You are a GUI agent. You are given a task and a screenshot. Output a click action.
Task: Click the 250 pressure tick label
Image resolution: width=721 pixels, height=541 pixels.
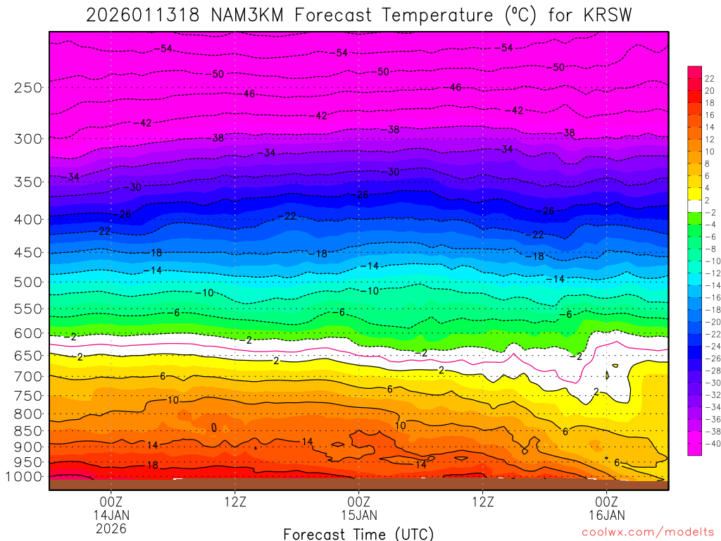click(27, 87)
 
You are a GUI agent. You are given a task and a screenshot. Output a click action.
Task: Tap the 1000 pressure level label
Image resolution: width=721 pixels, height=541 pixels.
click(25, 477)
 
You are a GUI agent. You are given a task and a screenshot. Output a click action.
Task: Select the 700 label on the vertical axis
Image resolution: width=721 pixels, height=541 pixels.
click(27, 377)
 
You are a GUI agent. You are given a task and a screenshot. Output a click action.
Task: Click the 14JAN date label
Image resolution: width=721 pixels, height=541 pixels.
click(111, 515)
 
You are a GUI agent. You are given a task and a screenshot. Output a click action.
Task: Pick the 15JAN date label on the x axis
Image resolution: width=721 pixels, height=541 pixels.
click(359, 515)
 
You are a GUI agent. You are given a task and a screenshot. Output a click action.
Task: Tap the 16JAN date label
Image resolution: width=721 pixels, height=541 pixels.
click(606, 515)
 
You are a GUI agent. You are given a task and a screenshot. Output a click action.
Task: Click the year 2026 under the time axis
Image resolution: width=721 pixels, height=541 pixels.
click(111, 528)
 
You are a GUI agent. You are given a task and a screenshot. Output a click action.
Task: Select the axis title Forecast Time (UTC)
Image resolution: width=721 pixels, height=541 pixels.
click(358, 533)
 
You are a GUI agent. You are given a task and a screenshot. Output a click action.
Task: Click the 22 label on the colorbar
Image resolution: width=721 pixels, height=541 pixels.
click(709, 78)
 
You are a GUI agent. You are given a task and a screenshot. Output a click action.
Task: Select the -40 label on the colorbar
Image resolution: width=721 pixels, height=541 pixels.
click(710, 443)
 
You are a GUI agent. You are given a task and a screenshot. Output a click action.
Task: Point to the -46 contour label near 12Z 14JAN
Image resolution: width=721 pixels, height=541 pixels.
click(249, 94)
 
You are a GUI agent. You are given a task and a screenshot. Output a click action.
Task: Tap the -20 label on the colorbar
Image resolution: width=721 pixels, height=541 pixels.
click(710, 322)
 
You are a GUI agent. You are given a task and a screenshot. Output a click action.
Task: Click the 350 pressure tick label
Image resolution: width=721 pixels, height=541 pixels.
click(27, 181)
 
